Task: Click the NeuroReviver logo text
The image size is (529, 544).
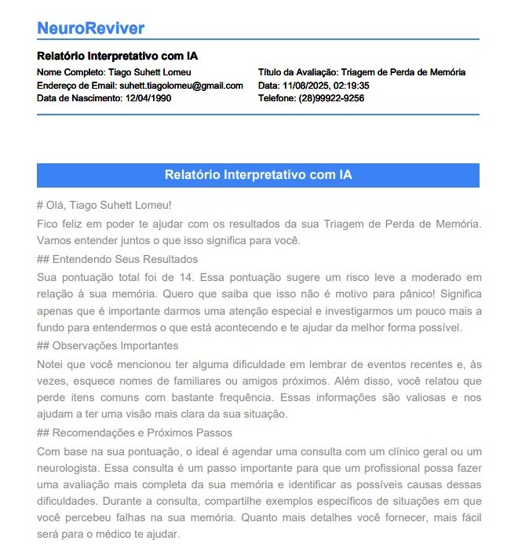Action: tap(90, 28)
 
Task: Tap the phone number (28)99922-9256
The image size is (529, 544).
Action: tap(331, 98)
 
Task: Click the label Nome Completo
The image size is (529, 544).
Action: tap(70, 72)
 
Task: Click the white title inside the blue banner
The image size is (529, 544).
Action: tap(258, 175)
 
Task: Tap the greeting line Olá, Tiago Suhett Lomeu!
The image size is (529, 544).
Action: tap(104, 206)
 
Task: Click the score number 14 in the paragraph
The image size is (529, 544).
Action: tap(168, 277)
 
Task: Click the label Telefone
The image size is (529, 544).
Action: tap(276, 98)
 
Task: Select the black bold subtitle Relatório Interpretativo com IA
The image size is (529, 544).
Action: tap(117, 57)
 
